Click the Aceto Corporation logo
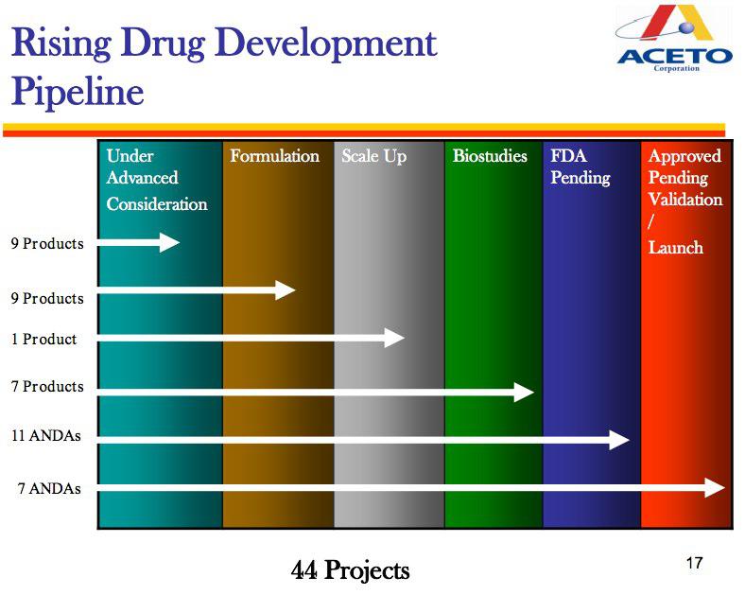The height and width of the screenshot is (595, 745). pyautogui.click(x=674, y=38)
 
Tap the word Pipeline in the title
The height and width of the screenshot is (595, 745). pyautogui.click(x=78, y=91)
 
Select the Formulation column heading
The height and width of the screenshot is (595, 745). pyautogui.click(x=274, y=156)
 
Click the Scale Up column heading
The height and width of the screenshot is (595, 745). pyautogui.click(x=374, y=156)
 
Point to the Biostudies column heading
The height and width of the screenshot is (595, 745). pyautogui.click(x=490, y=156)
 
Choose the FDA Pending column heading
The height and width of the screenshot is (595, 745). pyautogui.click(x=580, y=166)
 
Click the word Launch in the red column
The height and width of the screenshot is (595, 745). pyautogui.click(x=676, y=248)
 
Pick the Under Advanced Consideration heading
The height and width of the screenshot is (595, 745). pyautogui.click(x=157, y=179)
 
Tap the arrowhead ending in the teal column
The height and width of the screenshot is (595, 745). pyautogui.click(x=169, y=242)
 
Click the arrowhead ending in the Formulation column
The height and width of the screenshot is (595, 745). pyautogui.click(x=286, y=289)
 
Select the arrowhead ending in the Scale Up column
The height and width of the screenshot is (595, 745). pyautogui.click(x=394, y=338)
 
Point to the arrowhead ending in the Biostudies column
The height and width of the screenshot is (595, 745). pyautogui.click(x=524, y=392)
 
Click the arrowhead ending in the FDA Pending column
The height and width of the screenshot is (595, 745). pyautogui.click(x=619, y=440)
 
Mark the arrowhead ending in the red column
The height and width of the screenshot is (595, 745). pyautogui.click(x=715, y=487)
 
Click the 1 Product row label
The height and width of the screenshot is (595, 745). pyautogui.click(x=43, y=339)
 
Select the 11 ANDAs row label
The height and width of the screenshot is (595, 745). pyautogui.click(x=46, y=435)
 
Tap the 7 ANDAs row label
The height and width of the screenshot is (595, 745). pyautogui.click(x=49, y=488)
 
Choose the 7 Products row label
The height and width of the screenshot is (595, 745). pyautogui.click(x=47, y=386)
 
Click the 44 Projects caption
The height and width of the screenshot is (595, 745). pyautogui.click(x=350, y=570)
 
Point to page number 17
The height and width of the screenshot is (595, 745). pyautogui.click(x=694, y=563)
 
